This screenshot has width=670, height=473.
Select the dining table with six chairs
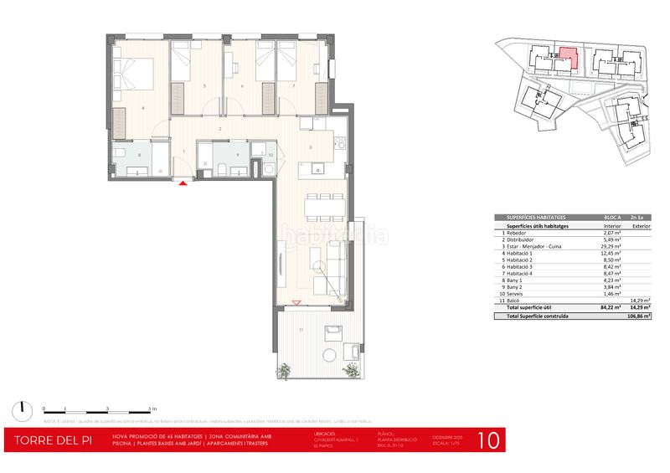click(x=322, y=205)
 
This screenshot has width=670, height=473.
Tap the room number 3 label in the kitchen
click(x=311, y=148)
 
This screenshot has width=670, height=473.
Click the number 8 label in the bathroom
click(x=139, y=154)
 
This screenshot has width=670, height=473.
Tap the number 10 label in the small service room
click(x=271, y=155)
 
